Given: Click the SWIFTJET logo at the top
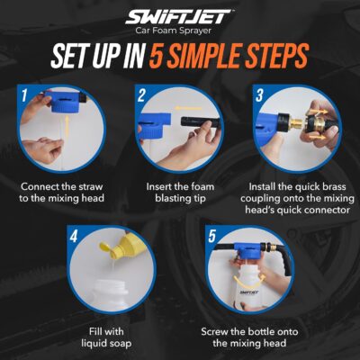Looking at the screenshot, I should coord(179,18).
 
